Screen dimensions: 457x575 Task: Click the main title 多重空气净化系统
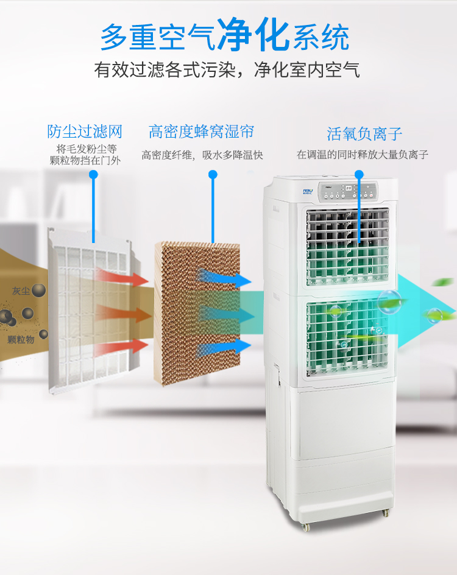click(x=225, y=35)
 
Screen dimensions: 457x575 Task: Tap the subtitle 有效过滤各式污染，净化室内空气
click(x=227, y=69)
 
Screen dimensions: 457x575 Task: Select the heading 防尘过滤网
click(x=84, y=132)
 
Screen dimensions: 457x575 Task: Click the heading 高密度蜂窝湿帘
click(x=201, y=132)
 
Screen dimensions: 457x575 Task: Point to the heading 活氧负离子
click(x=364, y=134)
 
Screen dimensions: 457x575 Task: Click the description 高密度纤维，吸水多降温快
click(x=202, y=155)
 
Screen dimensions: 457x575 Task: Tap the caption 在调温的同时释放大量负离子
click(x=363, y=154)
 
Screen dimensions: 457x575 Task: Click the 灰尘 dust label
click(x=21, y=291)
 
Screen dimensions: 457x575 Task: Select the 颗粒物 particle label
click(x=21, y=339)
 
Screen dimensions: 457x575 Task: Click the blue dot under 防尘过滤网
click(x=93, y=175)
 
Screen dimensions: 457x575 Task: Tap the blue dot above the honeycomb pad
click(x=213, y=174)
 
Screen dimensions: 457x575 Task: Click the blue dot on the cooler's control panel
click(x=359, y=174)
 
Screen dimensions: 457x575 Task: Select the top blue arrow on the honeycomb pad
click(x=224, y=278)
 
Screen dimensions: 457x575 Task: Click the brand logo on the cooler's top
click(x=308, y=191)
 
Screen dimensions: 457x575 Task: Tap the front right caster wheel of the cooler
click(x=386, y=513)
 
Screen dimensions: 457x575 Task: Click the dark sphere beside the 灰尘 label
click(x=38, y=291)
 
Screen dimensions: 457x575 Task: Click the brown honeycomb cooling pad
click(x=197, y=313)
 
